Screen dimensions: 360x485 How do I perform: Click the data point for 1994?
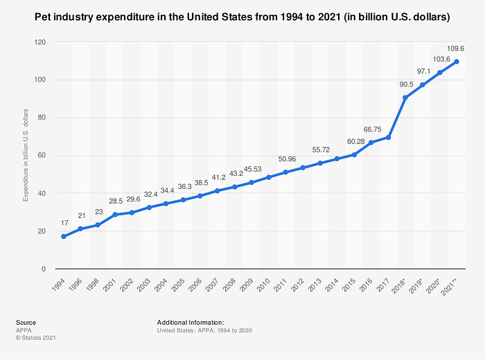64,236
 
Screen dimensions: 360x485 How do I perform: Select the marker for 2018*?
405,98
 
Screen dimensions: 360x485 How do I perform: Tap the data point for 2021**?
457,62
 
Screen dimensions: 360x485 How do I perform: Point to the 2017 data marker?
389,137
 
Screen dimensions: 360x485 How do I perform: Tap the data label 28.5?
115,201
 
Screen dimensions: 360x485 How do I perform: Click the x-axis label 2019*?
418,286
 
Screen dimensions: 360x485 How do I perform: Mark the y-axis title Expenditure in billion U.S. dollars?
26,155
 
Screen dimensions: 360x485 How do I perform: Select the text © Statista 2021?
35,337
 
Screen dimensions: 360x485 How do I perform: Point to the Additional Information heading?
190,323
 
